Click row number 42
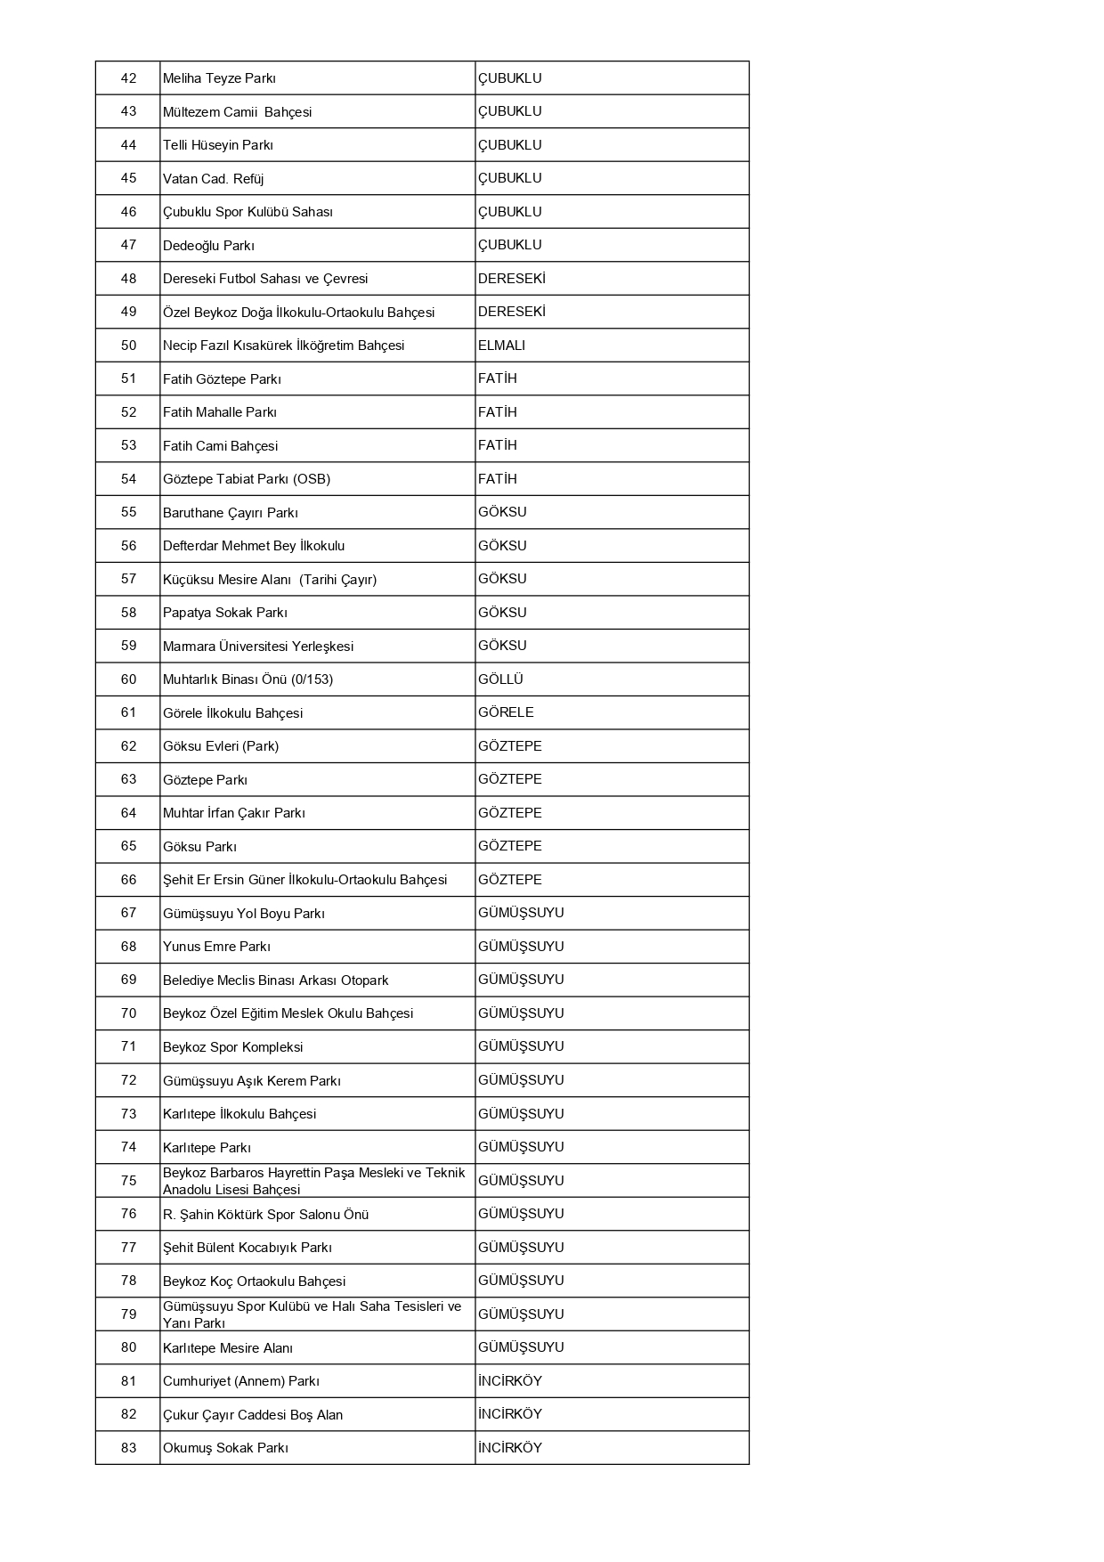(x=128, y=78)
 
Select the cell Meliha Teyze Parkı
(x=219, y=78)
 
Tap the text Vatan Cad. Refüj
(x=213, y=178)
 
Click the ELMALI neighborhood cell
(x=501, y=346)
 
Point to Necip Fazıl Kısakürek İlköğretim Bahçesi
(x=283, y=346)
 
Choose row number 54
(x=128, y=479)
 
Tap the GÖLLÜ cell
(x=500, y=679)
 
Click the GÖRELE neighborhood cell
(x=506, y=712)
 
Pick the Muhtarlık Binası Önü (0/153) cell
(x=248, y=679)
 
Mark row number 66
(x=128, y=880)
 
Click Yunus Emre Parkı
(x=216, y=947)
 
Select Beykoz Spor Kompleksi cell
(x=232, y=1047)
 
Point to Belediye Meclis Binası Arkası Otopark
(x=275, y=980)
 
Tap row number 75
(x=128, y=1181)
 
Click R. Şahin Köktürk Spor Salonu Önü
(x=265, y=1215)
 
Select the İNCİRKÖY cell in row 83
(x=509, y=1448)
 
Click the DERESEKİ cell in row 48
(x=511, y=279)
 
